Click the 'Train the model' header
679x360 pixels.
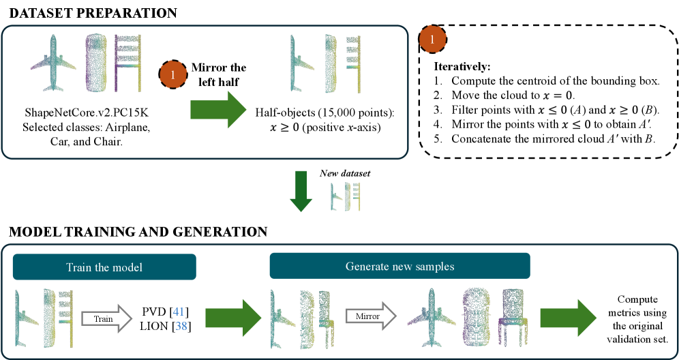coord(104,267)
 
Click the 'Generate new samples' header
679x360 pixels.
coord(399,266)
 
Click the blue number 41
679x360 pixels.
coord(179,311)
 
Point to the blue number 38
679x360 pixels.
coord(181,326)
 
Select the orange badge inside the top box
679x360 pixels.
coord(172,74)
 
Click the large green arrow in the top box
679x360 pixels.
coord(217,110)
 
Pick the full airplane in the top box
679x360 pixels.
coord(55,63)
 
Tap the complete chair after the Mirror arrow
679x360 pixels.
coord(514,318)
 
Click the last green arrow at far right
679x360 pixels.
coord(568,318)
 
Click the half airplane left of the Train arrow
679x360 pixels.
coord(25,318)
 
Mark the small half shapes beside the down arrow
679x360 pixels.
coord(345,196)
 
